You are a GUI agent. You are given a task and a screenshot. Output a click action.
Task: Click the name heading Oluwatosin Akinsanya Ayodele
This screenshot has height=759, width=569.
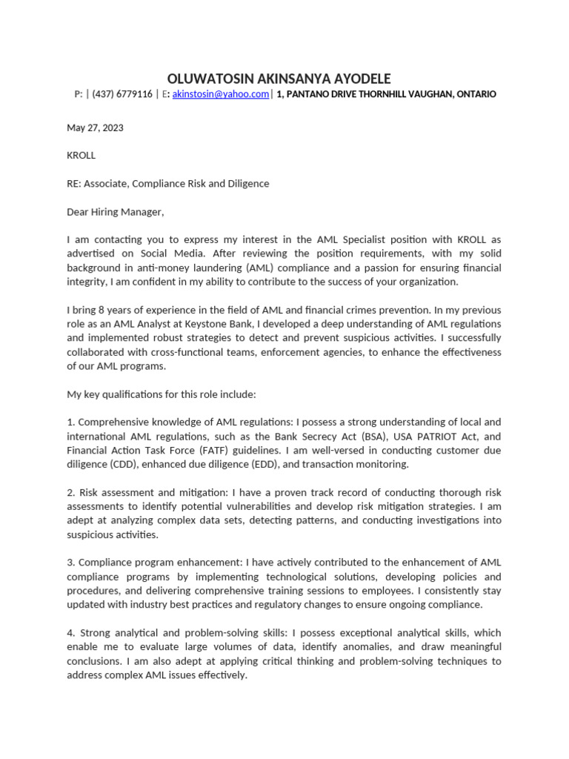tap(279, 79)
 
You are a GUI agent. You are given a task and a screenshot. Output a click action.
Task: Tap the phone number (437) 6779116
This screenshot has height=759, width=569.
tap(122, 94)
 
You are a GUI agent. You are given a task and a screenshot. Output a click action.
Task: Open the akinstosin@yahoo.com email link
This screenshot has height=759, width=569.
tap(220, 94)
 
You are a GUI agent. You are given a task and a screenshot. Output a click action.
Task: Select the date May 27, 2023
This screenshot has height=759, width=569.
tap(95, 127)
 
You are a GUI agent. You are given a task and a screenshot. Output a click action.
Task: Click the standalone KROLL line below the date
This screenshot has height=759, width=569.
tap(81, 156)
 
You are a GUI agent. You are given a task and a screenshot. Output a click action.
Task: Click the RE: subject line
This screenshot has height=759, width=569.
tap(167, 184)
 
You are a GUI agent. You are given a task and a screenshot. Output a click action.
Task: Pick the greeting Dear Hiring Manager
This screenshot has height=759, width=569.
tap(115, 212)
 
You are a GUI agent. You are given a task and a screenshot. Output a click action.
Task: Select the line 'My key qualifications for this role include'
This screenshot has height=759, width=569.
tap(161, 394)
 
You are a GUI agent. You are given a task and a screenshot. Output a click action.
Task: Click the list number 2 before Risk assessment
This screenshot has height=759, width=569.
tap(70, 493)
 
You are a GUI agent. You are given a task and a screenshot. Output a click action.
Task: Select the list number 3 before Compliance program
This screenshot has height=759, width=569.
tap(70, 563)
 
